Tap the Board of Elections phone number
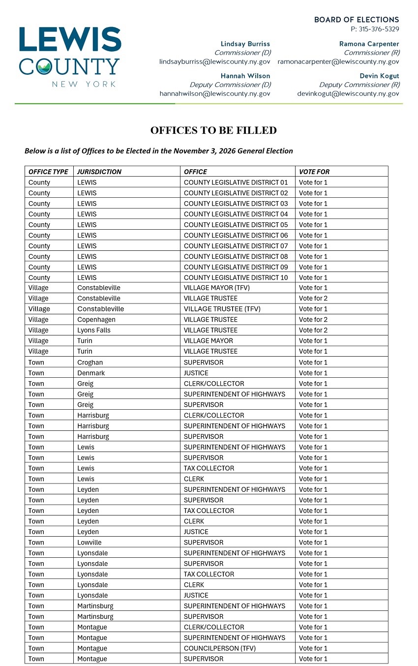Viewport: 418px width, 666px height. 375,30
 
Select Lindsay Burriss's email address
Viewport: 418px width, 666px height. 215,62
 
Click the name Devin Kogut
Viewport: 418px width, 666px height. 379,76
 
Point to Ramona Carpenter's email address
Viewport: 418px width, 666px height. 338,62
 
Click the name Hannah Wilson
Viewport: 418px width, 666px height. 245,76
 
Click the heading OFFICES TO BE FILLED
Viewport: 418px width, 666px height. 213,130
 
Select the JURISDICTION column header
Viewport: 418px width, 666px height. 99,172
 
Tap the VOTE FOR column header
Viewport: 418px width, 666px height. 314,172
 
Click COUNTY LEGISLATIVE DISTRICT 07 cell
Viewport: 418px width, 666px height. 236,246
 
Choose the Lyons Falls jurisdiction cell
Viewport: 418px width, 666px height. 94,330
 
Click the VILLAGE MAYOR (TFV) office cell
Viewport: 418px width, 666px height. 217,288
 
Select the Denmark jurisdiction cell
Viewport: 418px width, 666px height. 91,373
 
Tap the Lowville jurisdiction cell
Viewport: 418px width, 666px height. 90,543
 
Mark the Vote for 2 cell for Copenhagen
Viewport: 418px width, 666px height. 313,320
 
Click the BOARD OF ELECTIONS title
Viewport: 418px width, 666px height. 357,20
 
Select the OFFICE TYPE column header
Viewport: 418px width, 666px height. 48,172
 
